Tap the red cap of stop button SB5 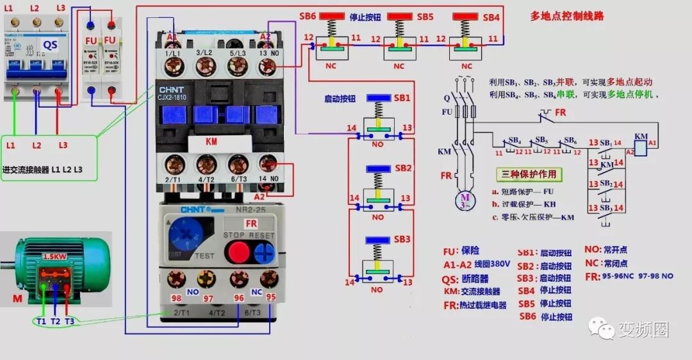click(x=399, y=15)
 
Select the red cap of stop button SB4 click(x=466, y=15)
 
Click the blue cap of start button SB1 click(x=378, y=98)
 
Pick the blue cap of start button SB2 click(x=378, y=168)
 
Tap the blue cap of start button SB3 click(x=378, y=240)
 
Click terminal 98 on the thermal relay click(x=176, y=281)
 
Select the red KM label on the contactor click(x=211, y=141)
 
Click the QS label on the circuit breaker click(x=51, y=44)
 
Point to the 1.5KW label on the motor click(x=53, y=256)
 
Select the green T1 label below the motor click(x=40, y=321)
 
